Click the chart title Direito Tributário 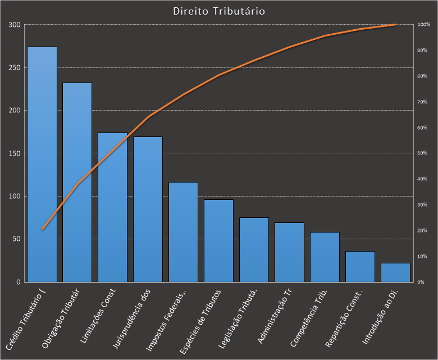219,11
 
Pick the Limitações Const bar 112,207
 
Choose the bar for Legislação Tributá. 254,249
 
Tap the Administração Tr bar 289,252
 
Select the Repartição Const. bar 360,266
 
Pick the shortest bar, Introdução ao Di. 395,272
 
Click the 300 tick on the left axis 14,25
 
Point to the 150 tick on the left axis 14,153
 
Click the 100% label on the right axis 423,25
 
